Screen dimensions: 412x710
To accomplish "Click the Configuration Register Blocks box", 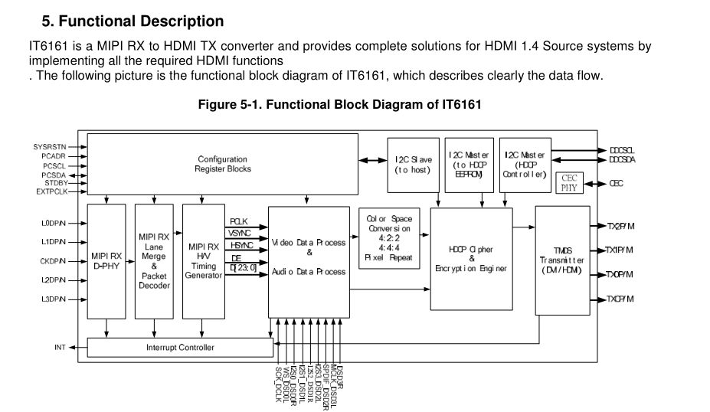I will [222, 164].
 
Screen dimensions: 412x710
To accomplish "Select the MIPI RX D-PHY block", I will [106, 261].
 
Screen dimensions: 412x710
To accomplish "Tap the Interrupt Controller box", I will [180, 348].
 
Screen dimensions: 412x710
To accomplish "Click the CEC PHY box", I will [569, 183].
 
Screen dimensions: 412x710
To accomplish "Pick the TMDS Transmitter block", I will [562, 260].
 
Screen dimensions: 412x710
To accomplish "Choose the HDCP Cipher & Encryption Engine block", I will [471, 259].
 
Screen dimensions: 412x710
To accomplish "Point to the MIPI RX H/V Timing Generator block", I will [203, 261].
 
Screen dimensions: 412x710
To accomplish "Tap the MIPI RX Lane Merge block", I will [154, 261].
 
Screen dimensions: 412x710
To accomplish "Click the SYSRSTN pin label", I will [49, 146].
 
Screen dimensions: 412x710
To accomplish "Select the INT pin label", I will [60, 348].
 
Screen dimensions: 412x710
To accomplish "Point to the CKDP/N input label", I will [53, 261].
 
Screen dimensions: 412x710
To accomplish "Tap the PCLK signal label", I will [238, 221].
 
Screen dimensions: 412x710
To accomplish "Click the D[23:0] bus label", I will [243, 268].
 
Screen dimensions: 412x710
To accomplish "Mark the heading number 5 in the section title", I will [47, 21].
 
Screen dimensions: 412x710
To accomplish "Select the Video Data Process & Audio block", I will [309, 261].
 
